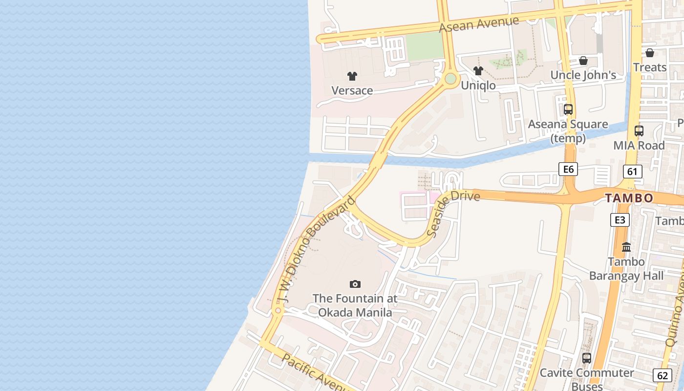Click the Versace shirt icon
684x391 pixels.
pos(352,76)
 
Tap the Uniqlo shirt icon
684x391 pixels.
pos(478,71)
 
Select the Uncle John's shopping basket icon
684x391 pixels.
pos(583,61)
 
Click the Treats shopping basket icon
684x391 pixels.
pos(650,53)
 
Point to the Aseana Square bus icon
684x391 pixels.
pos(568,109)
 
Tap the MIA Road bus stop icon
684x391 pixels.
pos(639,131)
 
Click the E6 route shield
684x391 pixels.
pos(568,169)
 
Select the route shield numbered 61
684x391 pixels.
pos(633,171)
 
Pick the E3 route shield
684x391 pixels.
pos(620,220)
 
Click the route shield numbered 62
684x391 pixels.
pos(663,375)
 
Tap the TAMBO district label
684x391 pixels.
pos(629,198)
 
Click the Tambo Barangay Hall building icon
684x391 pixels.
pos(626,247)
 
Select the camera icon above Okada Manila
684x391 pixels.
pos(355,284)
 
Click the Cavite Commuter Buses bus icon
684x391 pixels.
pos(587,358)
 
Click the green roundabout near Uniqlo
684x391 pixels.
pos(450,78)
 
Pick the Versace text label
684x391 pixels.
pos(352,90)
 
